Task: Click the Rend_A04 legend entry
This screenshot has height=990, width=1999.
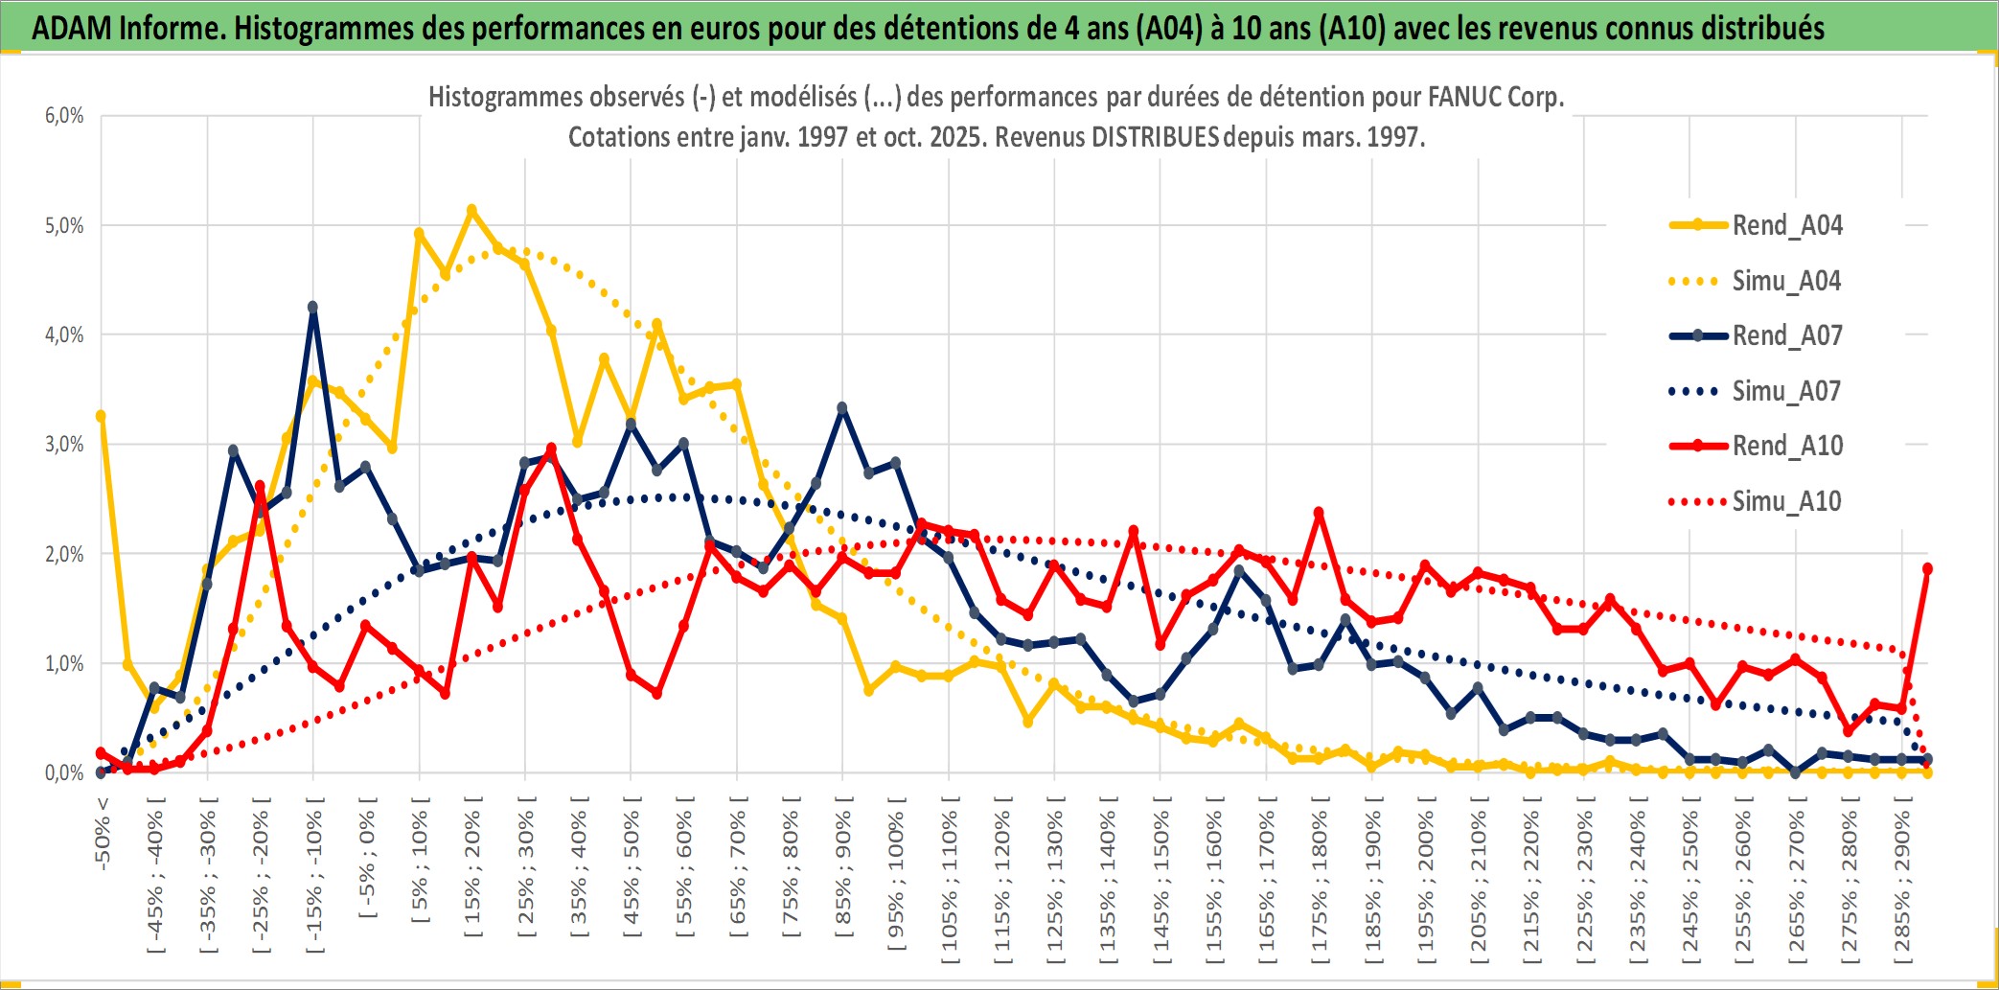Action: click(1786, 225)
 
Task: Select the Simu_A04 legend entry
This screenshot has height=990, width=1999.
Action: click(1786, 281)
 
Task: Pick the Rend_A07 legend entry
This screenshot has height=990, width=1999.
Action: click(1786, 335)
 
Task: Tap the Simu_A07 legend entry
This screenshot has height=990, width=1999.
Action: click(1786, 391)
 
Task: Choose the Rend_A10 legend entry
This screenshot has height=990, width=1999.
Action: click(1786, 446)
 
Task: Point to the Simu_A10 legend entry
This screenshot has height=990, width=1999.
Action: click(1786, 501)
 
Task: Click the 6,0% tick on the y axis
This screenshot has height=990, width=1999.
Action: click(64, 116)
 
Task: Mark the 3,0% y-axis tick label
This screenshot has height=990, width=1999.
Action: click(64, 445)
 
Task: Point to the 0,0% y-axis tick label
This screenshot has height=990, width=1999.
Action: click(64, 773)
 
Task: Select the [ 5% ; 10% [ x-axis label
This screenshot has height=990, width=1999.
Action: click(420, 867)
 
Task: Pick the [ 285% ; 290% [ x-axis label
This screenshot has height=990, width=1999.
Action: click(1902, 886)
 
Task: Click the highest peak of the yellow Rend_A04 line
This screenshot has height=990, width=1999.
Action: click(471, 209)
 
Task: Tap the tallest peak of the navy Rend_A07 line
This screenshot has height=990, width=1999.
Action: click(312, 307)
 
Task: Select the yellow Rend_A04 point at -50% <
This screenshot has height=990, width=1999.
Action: click(101, 416)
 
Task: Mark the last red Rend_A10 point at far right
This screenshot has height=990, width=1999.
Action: click(1927, 568)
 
